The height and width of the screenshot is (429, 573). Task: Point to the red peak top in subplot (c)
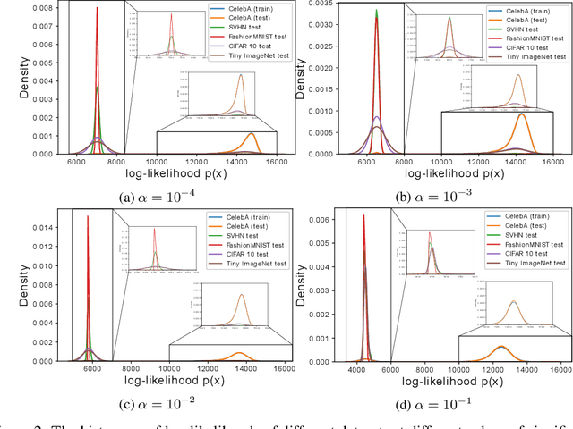tap(87, 215)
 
